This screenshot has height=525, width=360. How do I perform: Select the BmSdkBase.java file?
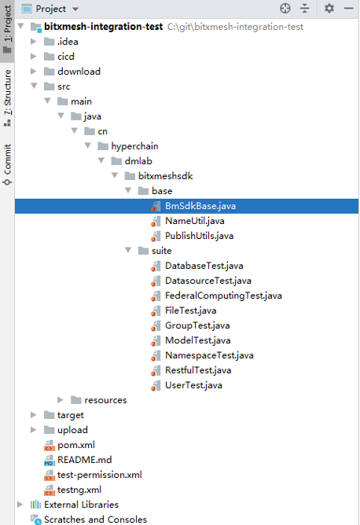(200, 206)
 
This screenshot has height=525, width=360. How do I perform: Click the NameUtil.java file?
(195, 221)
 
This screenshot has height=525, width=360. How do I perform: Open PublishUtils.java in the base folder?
(199, 236)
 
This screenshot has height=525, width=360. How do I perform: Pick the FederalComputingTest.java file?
(223, 296)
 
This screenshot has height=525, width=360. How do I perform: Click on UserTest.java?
(193, 385)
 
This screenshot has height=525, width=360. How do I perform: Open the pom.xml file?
(76, 445)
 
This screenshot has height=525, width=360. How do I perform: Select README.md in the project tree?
(84, 460)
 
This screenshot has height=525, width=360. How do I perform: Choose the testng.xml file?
(79, 490)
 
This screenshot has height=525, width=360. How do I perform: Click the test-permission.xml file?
(100, 475)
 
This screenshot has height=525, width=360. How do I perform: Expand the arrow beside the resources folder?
(61, 400)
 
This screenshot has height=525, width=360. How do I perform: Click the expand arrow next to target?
(34, 415)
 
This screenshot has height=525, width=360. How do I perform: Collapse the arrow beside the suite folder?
(128, 250)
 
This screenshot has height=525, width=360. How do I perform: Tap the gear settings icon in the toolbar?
(329, 8)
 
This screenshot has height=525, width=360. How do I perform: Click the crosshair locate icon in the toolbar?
(285, 8)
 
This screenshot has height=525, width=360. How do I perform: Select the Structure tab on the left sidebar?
(7, 98)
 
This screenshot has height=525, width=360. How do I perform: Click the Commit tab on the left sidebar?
(7, 164)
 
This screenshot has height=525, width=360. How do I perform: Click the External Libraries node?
(82, 505)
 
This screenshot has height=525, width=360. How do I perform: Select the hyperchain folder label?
(134, 146)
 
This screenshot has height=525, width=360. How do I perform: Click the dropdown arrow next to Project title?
(75, 9)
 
